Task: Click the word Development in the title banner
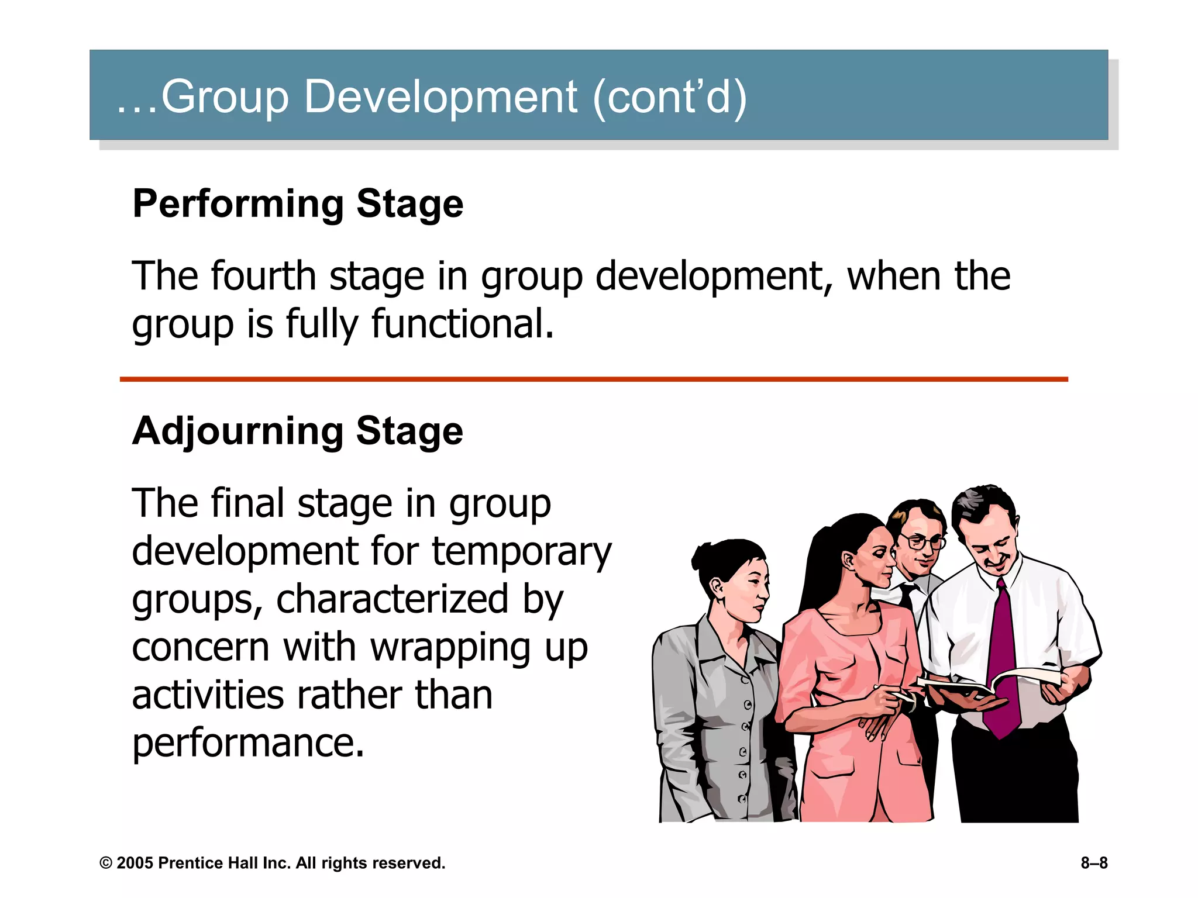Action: point(440,96)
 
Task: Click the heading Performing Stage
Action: point(298,204)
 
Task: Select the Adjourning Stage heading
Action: point(298,431)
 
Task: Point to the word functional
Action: point(462,324)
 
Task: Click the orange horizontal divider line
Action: point(593,379)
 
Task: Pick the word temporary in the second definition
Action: point(521,551)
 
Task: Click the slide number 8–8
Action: point(1093,863)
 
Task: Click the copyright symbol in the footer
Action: point(106,863)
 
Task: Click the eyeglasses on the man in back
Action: point(923,542)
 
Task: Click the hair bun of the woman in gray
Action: point(703,556)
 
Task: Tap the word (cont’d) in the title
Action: point(670,96)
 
